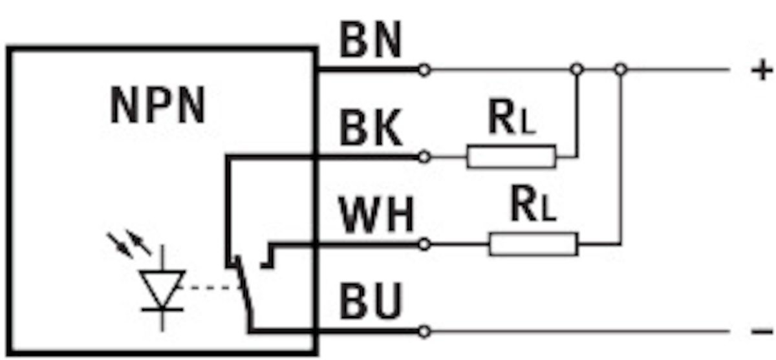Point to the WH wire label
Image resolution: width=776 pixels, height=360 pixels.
[377, 217]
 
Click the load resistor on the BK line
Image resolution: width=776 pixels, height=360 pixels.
[511, 156]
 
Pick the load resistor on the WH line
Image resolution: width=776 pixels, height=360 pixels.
[533, 244]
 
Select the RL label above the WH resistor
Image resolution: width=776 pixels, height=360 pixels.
[533, 206]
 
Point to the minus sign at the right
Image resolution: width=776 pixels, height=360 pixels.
[762, 332]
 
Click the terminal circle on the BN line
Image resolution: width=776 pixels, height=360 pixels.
[424, 69]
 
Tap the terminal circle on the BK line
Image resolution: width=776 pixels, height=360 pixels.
[424, 156]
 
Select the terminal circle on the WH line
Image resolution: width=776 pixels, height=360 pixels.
[424, 244]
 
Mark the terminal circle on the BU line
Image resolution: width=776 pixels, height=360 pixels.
[424, 332]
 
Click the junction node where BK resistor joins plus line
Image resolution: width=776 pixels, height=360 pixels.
[577, 69]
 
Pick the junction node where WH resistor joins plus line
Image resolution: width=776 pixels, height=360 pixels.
[620, 69]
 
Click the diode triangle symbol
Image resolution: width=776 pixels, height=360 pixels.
[162, 288]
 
